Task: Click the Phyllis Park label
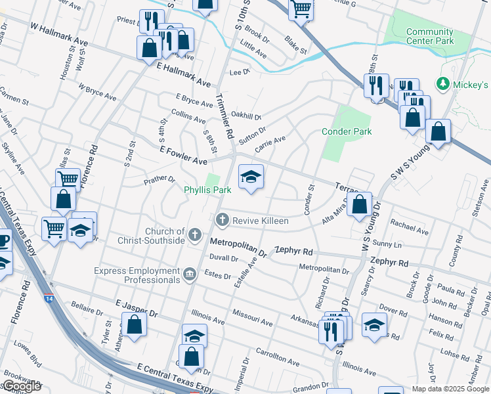[x=207, y=190]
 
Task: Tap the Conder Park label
[x=347, y=131]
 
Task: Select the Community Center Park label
[x=430, y=36]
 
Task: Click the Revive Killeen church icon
[x=223, y=220]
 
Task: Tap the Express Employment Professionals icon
[x=190, y=274]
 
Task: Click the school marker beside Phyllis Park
[x=250, y=177]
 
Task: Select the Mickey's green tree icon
[x=443, y=85]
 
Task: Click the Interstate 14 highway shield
[x=50, y=298]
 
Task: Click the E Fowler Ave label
[x=184, y=156]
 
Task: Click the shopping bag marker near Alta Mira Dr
[x=360, y=204]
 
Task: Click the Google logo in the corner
[x=22, y=386]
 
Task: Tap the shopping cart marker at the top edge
[x=301, y=9]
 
